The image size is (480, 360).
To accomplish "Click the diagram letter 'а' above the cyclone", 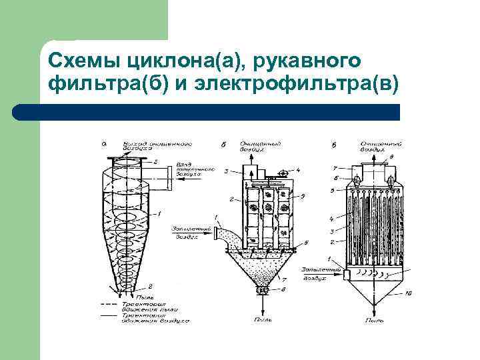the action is point(105,143).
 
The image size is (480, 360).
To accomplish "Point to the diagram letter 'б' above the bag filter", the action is point(223,144).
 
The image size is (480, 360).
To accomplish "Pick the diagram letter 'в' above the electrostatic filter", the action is point(333,144).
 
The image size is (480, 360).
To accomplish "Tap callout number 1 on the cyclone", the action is point(160,213).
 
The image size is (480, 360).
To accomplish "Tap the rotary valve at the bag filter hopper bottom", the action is point(262,291).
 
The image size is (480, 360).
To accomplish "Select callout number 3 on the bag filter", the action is point(227,172).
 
